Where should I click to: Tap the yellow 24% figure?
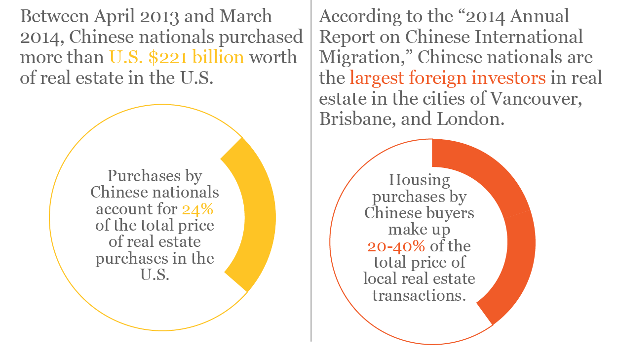point(197,209)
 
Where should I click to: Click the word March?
point(245,16)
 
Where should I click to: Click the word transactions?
point(419,295)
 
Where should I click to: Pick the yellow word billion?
point(220,57)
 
